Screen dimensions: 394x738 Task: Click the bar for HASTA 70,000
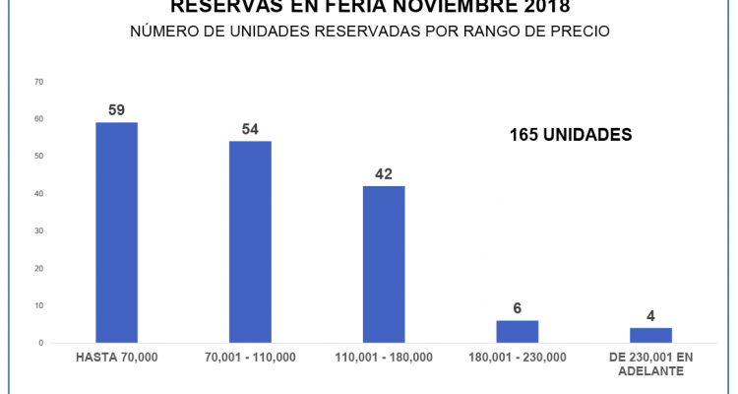(116, 232)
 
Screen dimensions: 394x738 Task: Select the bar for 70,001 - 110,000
(250, 241)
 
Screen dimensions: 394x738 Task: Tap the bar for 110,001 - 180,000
(384, 264)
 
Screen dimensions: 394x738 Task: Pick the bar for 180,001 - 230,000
(518, 331)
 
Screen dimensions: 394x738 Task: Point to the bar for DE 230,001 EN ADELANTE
(650, 335)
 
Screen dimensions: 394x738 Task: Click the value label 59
(116, 110)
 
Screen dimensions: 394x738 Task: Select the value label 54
(250, 129)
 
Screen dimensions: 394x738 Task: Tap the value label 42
(384, 174)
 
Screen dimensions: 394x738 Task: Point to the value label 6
(518, 308)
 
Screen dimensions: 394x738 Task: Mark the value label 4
(650, 316)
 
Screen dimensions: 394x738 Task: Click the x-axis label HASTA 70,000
(116, 357)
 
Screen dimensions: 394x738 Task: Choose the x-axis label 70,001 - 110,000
(250, 357)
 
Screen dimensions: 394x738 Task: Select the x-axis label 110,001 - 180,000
(384, 357)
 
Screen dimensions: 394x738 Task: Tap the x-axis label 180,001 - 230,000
(518, 357)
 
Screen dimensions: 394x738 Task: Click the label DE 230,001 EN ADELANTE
(650, 362)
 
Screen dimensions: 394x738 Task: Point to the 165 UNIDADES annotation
(570, 135)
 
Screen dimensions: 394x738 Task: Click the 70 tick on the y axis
(38, 82)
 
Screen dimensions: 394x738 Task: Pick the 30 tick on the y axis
(38, 230)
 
